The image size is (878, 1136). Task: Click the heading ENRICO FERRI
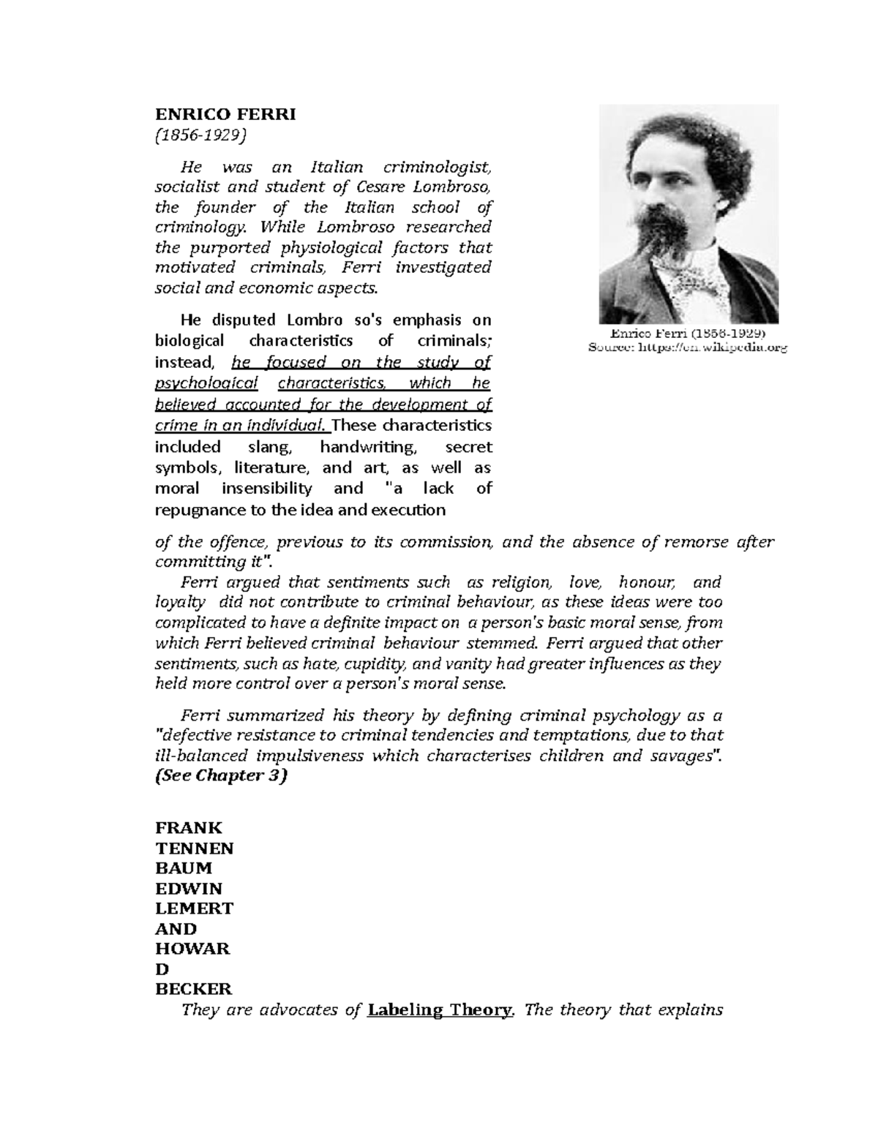tap(225, 115)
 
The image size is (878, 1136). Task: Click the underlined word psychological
tap(207, 383)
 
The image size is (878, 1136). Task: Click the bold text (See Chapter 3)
tap(221, 776)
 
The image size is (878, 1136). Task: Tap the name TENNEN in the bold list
tap(195, 849)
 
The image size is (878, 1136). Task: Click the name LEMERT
tap(195, 909)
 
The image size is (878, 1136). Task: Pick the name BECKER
tap(194, 990)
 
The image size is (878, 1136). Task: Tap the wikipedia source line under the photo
tap(688, 349)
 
